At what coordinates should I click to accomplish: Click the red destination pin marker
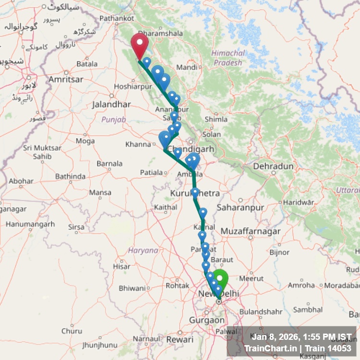tap(140, 44)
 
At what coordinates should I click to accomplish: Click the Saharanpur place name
tap(240, 208)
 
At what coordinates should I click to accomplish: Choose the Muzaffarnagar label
tap(251, 231)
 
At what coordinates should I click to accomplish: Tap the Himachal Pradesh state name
tap(229, 58)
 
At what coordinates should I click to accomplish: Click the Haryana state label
tap(143, 251)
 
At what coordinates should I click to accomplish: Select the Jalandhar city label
tap(111, 104)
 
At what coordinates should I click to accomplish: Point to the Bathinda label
tap(70, 177)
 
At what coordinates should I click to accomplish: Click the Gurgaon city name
tap(207, 320)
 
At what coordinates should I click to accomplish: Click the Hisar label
tap(121, 266)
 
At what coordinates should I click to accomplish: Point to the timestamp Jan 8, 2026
tap(276, 337)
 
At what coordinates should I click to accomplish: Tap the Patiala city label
tap(152, 172)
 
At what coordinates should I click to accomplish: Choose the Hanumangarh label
tap(30, 224)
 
